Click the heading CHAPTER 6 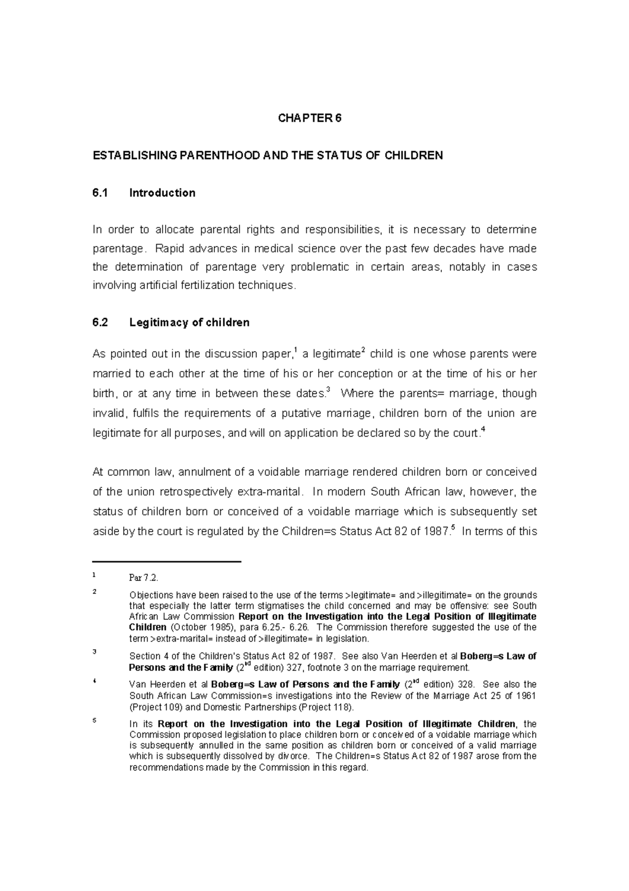[309, 119]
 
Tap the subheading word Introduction [162, 193]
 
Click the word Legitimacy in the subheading [155, 323]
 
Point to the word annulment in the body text [204, 472]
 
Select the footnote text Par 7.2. [143, 578]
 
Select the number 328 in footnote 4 [465, 684]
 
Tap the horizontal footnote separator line [167, 562]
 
